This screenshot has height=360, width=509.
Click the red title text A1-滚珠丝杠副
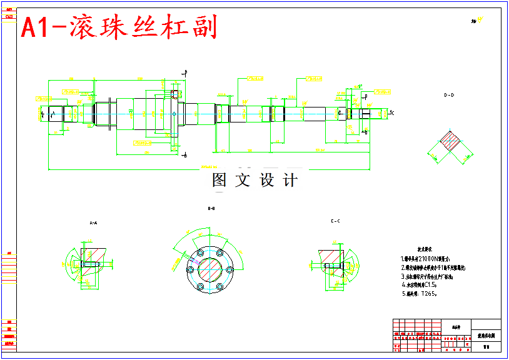click(119, 27)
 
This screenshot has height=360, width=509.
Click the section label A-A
click(93, 222)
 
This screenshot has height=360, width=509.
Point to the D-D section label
click(449, 96)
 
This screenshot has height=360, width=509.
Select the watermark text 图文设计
click(254, 181)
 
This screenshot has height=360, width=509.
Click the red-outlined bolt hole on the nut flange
click(174, 95)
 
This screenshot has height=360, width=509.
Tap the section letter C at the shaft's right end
click(392, 113)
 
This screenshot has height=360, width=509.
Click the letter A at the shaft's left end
click(53, 113)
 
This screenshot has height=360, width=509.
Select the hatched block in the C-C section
click(328, 256)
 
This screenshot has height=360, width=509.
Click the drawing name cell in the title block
click(486, 336)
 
